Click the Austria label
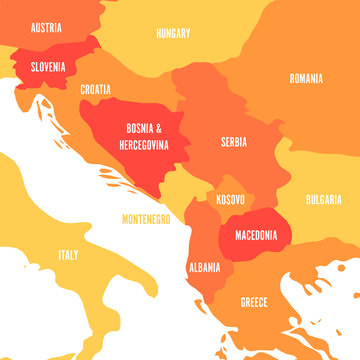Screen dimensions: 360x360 pyautogui.click(x=47, y=28)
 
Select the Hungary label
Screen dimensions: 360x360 pyautogui.click(x=173, y=33)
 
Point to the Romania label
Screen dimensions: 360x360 pyautogui.click(x=306, y=78)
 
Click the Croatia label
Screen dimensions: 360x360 pyautogui.click(x=96, y=88)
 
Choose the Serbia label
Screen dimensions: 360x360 pyautogui.click(x=234, y=142)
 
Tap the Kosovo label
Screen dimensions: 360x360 pyautogui.click(x=230, y=200)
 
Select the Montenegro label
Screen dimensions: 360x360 pyautogui.click(x=146, y=218)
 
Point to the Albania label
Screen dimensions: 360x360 pyautogui.click(x=205, y=268)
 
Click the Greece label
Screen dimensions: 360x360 pyautogui.click(x=253, y=301)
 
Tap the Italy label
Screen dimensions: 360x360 pyautogui.click(x=68, y=254)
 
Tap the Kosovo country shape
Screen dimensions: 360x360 pyautogui.click(x=228, y=212)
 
